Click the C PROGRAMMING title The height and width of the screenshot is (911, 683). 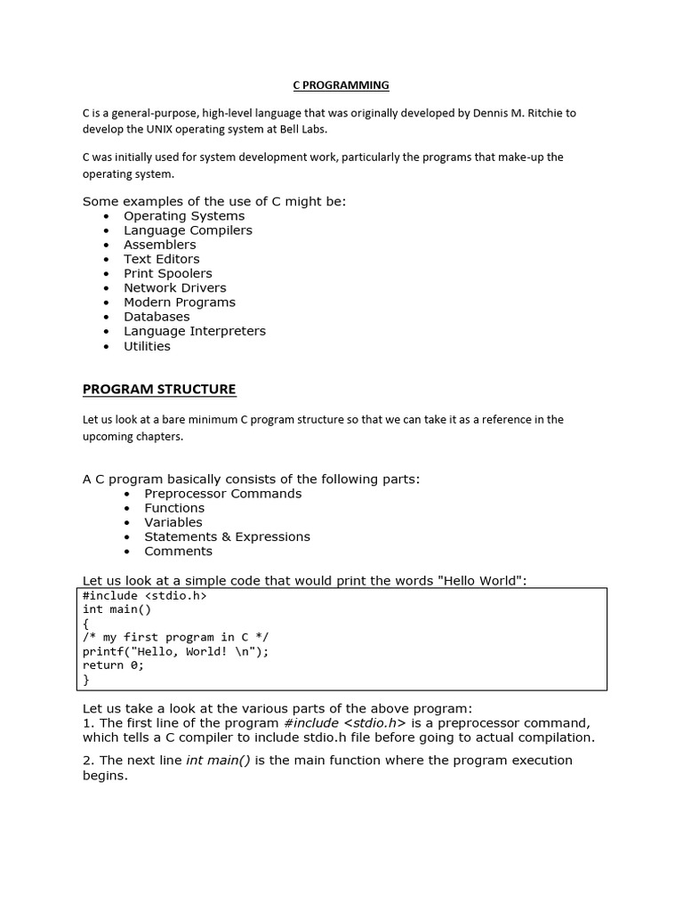(x=341, y=85)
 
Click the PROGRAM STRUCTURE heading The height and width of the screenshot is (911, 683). (x=159, y=390)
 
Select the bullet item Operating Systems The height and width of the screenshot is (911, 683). (x=184, y=216)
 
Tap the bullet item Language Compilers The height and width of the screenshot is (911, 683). (x=188, y=230)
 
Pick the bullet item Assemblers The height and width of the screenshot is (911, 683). (x=160, y=245)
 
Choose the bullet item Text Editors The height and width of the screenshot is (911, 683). (x=162, y=259)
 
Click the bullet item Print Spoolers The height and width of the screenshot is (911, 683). (x=168, y=274)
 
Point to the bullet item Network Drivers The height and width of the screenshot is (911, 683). (x=175, y=288)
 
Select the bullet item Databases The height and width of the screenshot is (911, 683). (x=157, y=317)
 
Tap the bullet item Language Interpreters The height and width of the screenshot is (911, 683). (x=195, y=331)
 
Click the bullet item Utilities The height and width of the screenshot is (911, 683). (x=147, y=346)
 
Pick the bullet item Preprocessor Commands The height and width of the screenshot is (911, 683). (x=223, y=494)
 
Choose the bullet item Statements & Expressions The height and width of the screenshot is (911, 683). (x=228, y=536)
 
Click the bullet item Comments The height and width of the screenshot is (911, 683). (x=179, y=552)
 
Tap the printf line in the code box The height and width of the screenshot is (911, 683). (x=175, y=651)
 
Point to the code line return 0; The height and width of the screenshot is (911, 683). (x=113, y=665)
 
